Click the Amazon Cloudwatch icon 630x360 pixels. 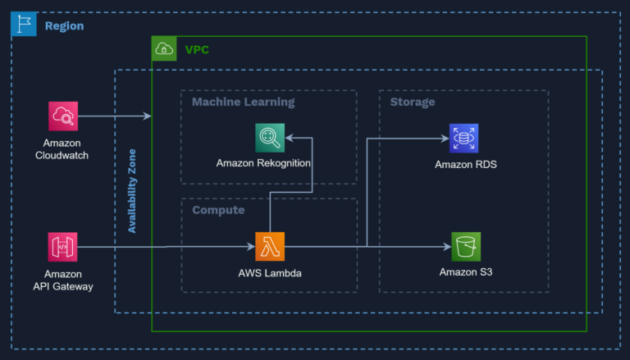click(x=62, y=116)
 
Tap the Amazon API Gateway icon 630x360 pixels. click(x=62, y=246)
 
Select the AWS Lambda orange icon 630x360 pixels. click(x=269, y=246)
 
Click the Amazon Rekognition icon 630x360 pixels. click(x=269, y=137)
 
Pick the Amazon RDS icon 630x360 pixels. click(x=464, y=138)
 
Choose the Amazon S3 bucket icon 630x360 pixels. click(x=466, y=246)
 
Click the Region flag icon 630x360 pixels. click(x=24, y=25)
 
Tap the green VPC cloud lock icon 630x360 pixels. click(x=165, y=49)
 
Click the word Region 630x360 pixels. click(x=64, y=26)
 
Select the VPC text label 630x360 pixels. click(x=197, y=50)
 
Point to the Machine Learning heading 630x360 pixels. click(x=243, y=103)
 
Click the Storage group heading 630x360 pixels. click(x=413, y=103)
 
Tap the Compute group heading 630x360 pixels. click(x=218, y=211)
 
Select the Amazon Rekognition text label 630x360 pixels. click(x=263, y=163)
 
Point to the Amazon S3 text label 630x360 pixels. click(x=466, y=272)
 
